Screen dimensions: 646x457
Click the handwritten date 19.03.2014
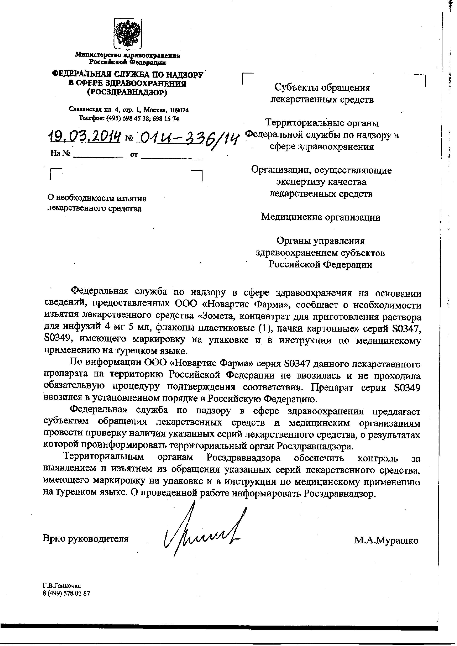tap(84, 137)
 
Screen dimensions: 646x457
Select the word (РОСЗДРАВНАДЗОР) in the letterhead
tap(127, 92)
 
